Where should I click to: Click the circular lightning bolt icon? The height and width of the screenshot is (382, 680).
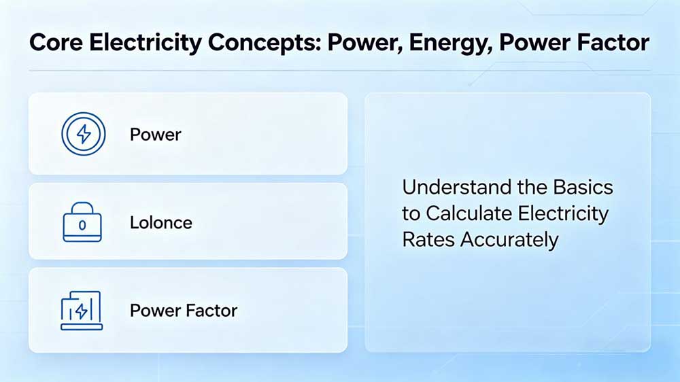tap(83, 134)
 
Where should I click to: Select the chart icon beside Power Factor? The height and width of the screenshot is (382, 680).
tap(82, 311)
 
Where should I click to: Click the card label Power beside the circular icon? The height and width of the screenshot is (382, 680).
tap(156, 135)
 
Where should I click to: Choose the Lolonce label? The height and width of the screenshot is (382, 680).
tap(161, 222)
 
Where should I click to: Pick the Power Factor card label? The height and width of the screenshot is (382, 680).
tap(184, 311)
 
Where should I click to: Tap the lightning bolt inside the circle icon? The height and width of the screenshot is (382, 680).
tap(83, 134)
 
